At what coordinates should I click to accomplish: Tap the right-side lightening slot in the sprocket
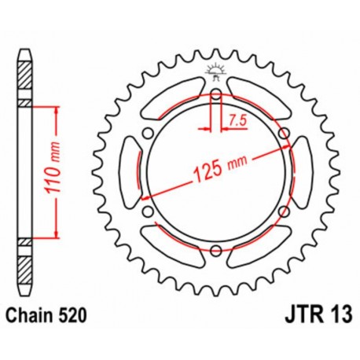[x=299, y=173]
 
